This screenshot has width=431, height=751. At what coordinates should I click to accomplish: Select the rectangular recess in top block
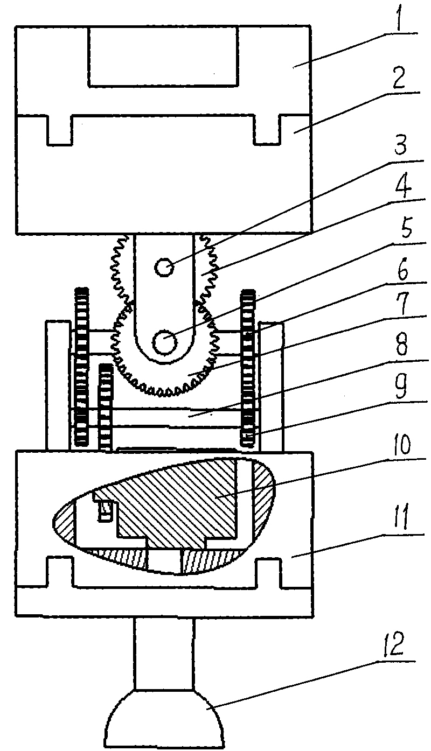point(163,56)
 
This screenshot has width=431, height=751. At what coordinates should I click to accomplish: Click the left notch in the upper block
point(60,130)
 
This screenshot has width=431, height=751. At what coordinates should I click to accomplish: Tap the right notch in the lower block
point(268,572)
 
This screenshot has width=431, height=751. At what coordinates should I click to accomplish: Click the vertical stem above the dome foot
point(164,654)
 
